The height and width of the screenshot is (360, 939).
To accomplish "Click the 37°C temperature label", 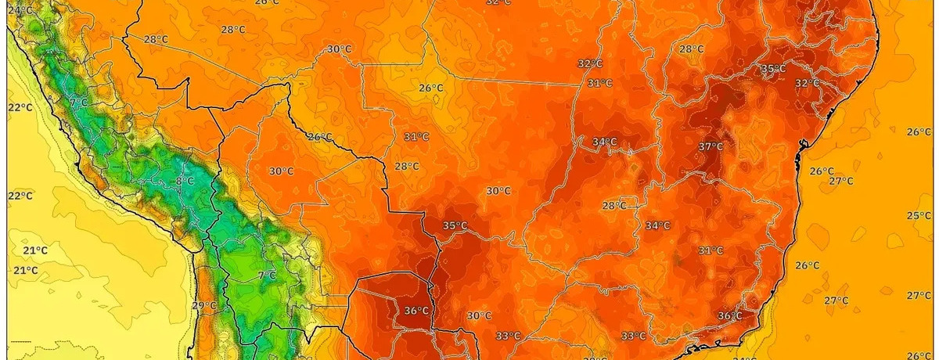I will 711,146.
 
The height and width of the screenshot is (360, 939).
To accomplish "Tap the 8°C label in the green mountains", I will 185,181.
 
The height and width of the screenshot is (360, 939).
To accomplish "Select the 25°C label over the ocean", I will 918,215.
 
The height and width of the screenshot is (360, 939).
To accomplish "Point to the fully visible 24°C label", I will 20,10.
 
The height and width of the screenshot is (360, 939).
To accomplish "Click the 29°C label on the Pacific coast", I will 203,305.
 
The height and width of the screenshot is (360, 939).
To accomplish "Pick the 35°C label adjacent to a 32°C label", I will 773,69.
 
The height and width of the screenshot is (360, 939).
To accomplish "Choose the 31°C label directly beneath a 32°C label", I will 599,83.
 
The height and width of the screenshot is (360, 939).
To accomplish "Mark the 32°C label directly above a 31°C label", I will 589,63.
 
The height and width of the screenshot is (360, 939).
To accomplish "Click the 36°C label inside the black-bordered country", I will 416,311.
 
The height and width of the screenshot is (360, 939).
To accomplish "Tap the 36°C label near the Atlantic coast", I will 729,315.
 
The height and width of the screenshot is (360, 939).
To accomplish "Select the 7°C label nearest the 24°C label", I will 78,102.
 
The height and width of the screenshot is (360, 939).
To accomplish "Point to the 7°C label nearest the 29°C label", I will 267,275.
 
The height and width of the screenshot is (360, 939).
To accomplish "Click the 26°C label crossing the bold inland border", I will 319,137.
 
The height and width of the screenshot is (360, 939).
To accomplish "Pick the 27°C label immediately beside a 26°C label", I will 841,181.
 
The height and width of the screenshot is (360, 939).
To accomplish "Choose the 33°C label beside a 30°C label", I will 507,337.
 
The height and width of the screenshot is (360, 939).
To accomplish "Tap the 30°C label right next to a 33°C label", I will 479,315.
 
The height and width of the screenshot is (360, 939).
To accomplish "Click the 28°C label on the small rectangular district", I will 613,206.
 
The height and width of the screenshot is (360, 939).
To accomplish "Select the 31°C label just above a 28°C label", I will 416,136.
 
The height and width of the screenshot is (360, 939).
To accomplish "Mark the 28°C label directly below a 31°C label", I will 407,166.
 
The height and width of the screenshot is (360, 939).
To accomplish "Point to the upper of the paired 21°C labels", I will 35,250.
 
